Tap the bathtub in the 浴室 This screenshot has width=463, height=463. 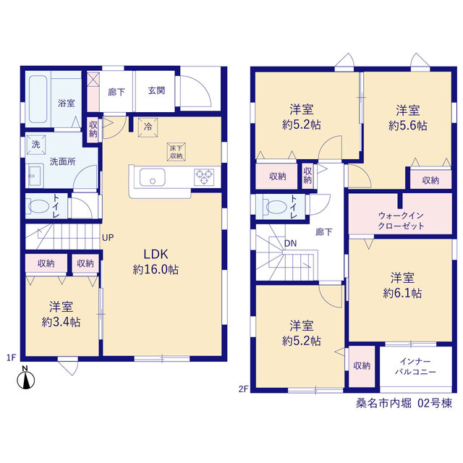(x=38, y=100)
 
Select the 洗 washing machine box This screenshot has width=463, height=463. (x=36, y=145)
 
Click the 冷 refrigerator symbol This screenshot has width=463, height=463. (x=148, y=127)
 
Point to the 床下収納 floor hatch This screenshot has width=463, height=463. (x=177, y=152)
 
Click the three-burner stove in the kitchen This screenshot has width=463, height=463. (x=204, y=177)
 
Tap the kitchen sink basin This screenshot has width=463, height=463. (x=152, y=177)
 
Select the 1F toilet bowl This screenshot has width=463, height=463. (x=38, y=206)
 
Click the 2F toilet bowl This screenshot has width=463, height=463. (x=276, y=206)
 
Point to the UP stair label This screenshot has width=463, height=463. (x=108, y=238)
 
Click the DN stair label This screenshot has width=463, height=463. (x=291, y=244)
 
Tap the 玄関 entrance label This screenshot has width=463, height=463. (x=156, y=90)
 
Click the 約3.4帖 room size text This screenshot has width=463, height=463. (x=61, y=322)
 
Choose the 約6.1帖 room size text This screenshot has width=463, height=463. (x=402, y=293)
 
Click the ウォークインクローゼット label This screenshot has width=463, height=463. (x=401, y=221)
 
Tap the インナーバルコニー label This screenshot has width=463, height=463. (x=415, y=367)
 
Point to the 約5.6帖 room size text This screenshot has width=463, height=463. (x=408, y=126)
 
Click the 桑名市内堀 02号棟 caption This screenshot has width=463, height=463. (x=404, y=403)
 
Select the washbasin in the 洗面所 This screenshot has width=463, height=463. (x=35, y=176)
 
